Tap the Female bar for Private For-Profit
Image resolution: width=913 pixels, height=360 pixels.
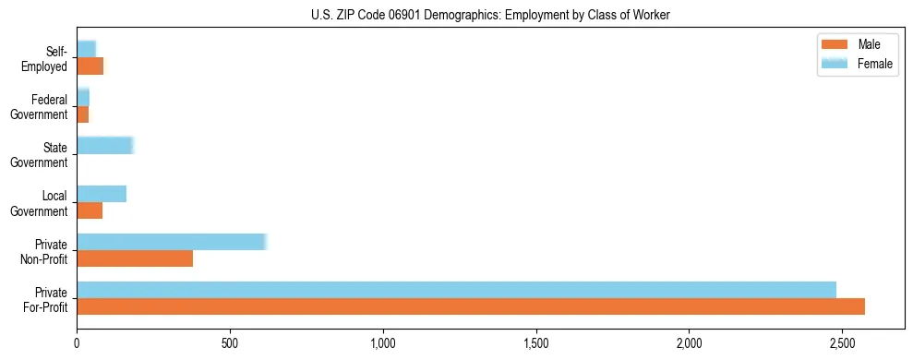pyautogui.click(x=456, y=290)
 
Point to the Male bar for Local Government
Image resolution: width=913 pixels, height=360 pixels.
pyautogui.click(x=90, y=211)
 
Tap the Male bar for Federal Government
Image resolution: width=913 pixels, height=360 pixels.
pyautogui.click(x=83, y=114)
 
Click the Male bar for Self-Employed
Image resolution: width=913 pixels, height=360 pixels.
pyautogui.click(x=90, y=66)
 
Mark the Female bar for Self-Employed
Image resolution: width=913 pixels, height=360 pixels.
pyautogui.click(x=87, y=49)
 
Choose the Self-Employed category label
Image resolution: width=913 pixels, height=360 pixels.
pyautogui.click(x=47, y=58)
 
